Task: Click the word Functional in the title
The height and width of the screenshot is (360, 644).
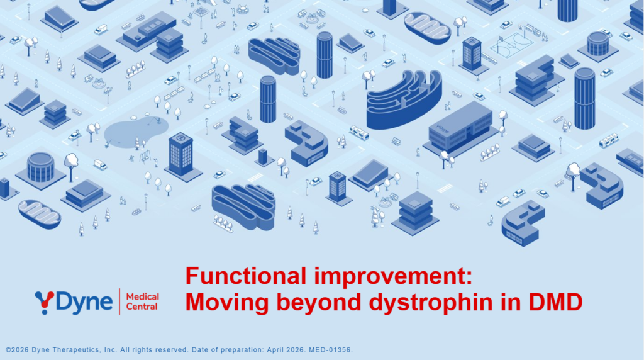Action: tap(246, 276)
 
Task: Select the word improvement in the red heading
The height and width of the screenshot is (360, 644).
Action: tap(393, 277)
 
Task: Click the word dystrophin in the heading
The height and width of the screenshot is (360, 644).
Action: tap(431, 302)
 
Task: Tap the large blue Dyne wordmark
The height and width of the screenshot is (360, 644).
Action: tap(84, 303)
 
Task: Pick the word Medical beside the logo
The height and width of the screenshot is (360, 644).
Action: tap(143, 296)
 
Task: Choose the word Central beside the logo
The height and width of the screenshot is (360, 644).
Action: tap(142, 307)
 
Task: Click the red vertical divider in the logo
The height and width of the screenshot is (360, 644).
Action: tap(119, 301)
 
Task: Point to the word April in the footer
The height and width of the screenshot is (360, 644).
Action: tap(276, 350)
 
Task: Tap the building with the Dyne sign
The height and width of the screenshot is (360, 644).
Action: tap(460, 128)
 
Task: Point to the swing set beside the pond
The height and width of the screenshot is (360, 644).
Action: tap(145, 157)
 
